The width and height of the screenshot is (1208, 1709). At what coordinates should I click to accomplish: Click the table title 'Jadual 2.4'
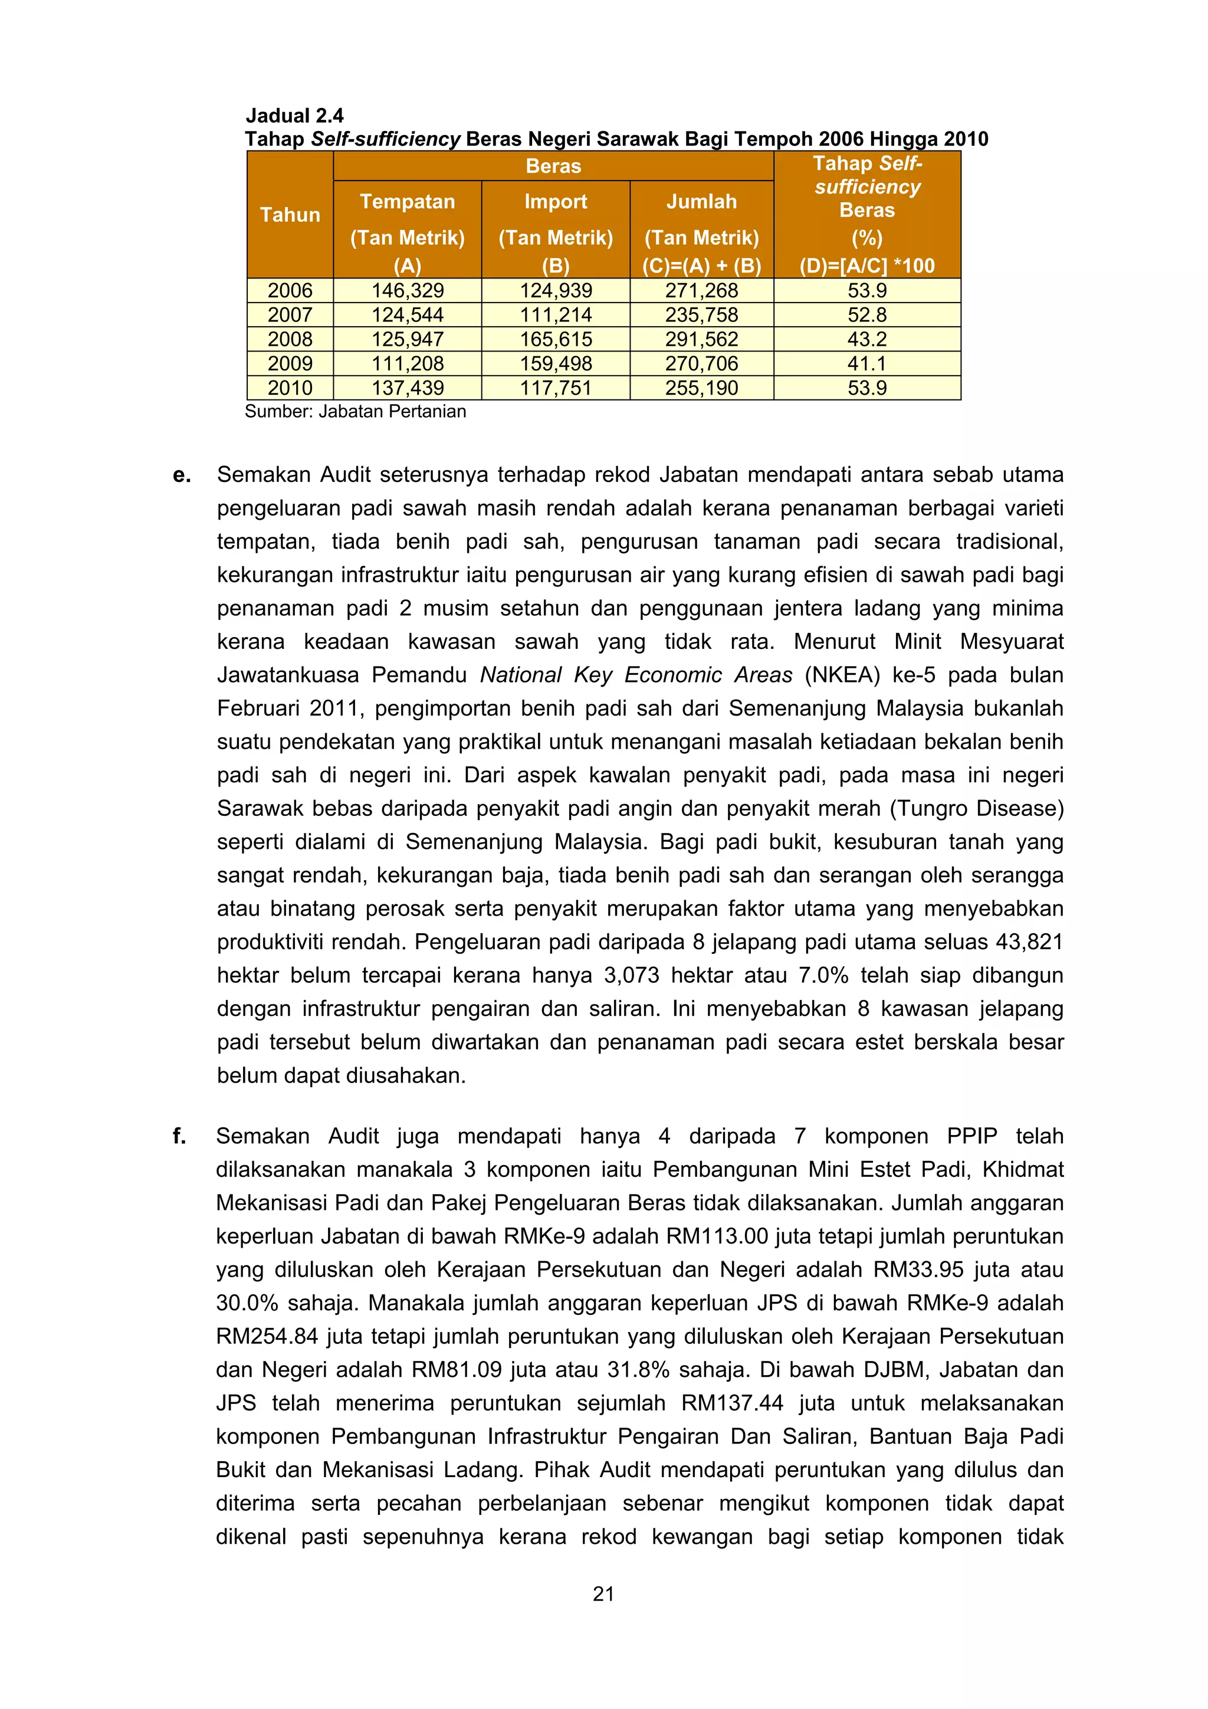pos(295,116)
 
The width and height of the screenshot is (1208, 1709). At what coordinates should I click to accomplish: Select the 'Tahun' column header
pos(290,215)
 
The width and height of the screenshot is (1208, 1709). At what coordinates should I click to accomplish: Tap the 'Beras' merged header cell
pos(553,166)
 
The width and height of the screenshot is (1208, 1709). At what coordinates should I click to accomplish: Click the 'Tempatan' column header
pos(407,202)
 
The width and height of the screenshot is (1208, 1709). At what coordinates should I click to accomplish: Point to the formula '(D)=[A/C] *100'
pos(867,265)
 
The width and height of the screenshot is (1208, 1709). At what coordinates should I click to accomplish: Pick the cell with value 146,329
pos(407,290)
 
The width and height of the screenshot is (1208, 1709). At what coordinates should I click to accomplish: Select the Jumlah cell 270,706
pos(701,364)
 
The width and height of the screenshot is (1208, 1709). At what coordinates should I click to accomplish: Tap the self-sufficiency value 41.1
pos(867,364)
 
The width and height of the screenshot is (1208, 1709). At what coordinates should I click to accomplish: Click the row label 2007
pos(290,315)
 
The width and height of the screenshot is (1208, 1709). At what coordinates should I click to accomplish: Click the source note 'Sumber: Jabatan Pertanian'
pos(355,412)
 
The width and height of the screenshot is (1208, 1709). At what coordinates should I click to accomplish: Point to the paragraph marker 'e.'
pos(182,475)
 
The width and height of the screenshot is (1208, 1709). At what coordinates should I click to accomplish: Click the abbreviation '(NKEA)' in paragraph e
pos(842,675)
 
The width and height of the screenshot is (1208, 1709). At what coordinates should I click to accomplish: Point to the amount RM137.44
pos(731,1403)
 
